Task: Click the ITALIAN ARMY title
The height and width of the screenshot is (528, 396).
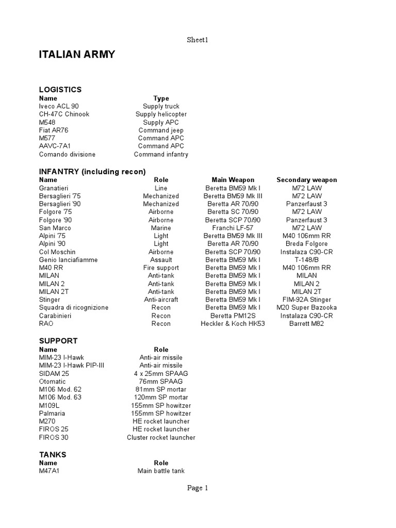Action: (77, 55)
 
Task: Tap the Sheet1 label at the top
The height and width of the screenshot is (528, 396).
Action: (197, 40)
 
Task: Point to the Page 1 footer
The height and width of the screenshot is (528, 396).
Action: (197, 488)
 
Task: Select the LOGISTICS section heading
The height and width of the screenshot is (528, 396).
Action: (60, 90)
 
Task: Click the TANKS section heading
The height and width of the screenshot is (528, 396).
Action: (53, 455)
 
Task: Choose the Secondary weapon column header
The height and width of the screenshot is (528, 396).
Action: (306, 180)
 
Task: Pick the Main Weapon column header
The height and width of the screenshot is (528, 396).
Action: (233, 180)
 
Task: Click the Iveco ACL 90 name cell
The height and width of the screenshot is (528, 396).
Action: (59, 106)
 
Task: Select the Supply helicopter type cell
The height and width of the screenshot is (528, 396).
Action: (161, 114)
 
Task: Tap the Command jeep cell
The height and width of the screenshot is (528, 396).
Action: (161, 130)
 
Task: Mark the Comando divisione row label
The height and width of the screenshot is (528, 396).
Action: (67, 154)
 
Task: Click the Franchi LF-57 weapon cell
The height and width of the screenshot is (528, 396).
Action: (233, 228)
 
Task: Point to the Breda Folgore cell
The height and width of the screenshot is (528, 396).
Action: (306, 244)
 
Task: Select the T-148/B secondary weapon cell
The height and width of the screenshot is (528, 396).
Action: (306, 260)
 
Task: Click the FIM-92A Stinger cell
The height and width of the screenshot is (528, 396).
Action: (306, 300)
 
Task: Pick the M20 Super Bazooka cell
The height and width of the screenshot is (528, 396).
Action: (306, 308)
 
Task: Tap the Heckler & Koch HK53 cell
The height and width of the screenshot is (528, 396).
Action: (233, 324)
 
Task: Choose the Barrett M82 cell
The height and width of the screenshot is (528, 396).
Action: (306, 324)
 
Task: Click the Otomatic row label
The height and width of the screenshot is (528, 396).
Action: (53, 382)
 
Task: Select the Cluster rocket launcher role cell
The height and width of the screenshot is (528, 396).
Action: (161, 437)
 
